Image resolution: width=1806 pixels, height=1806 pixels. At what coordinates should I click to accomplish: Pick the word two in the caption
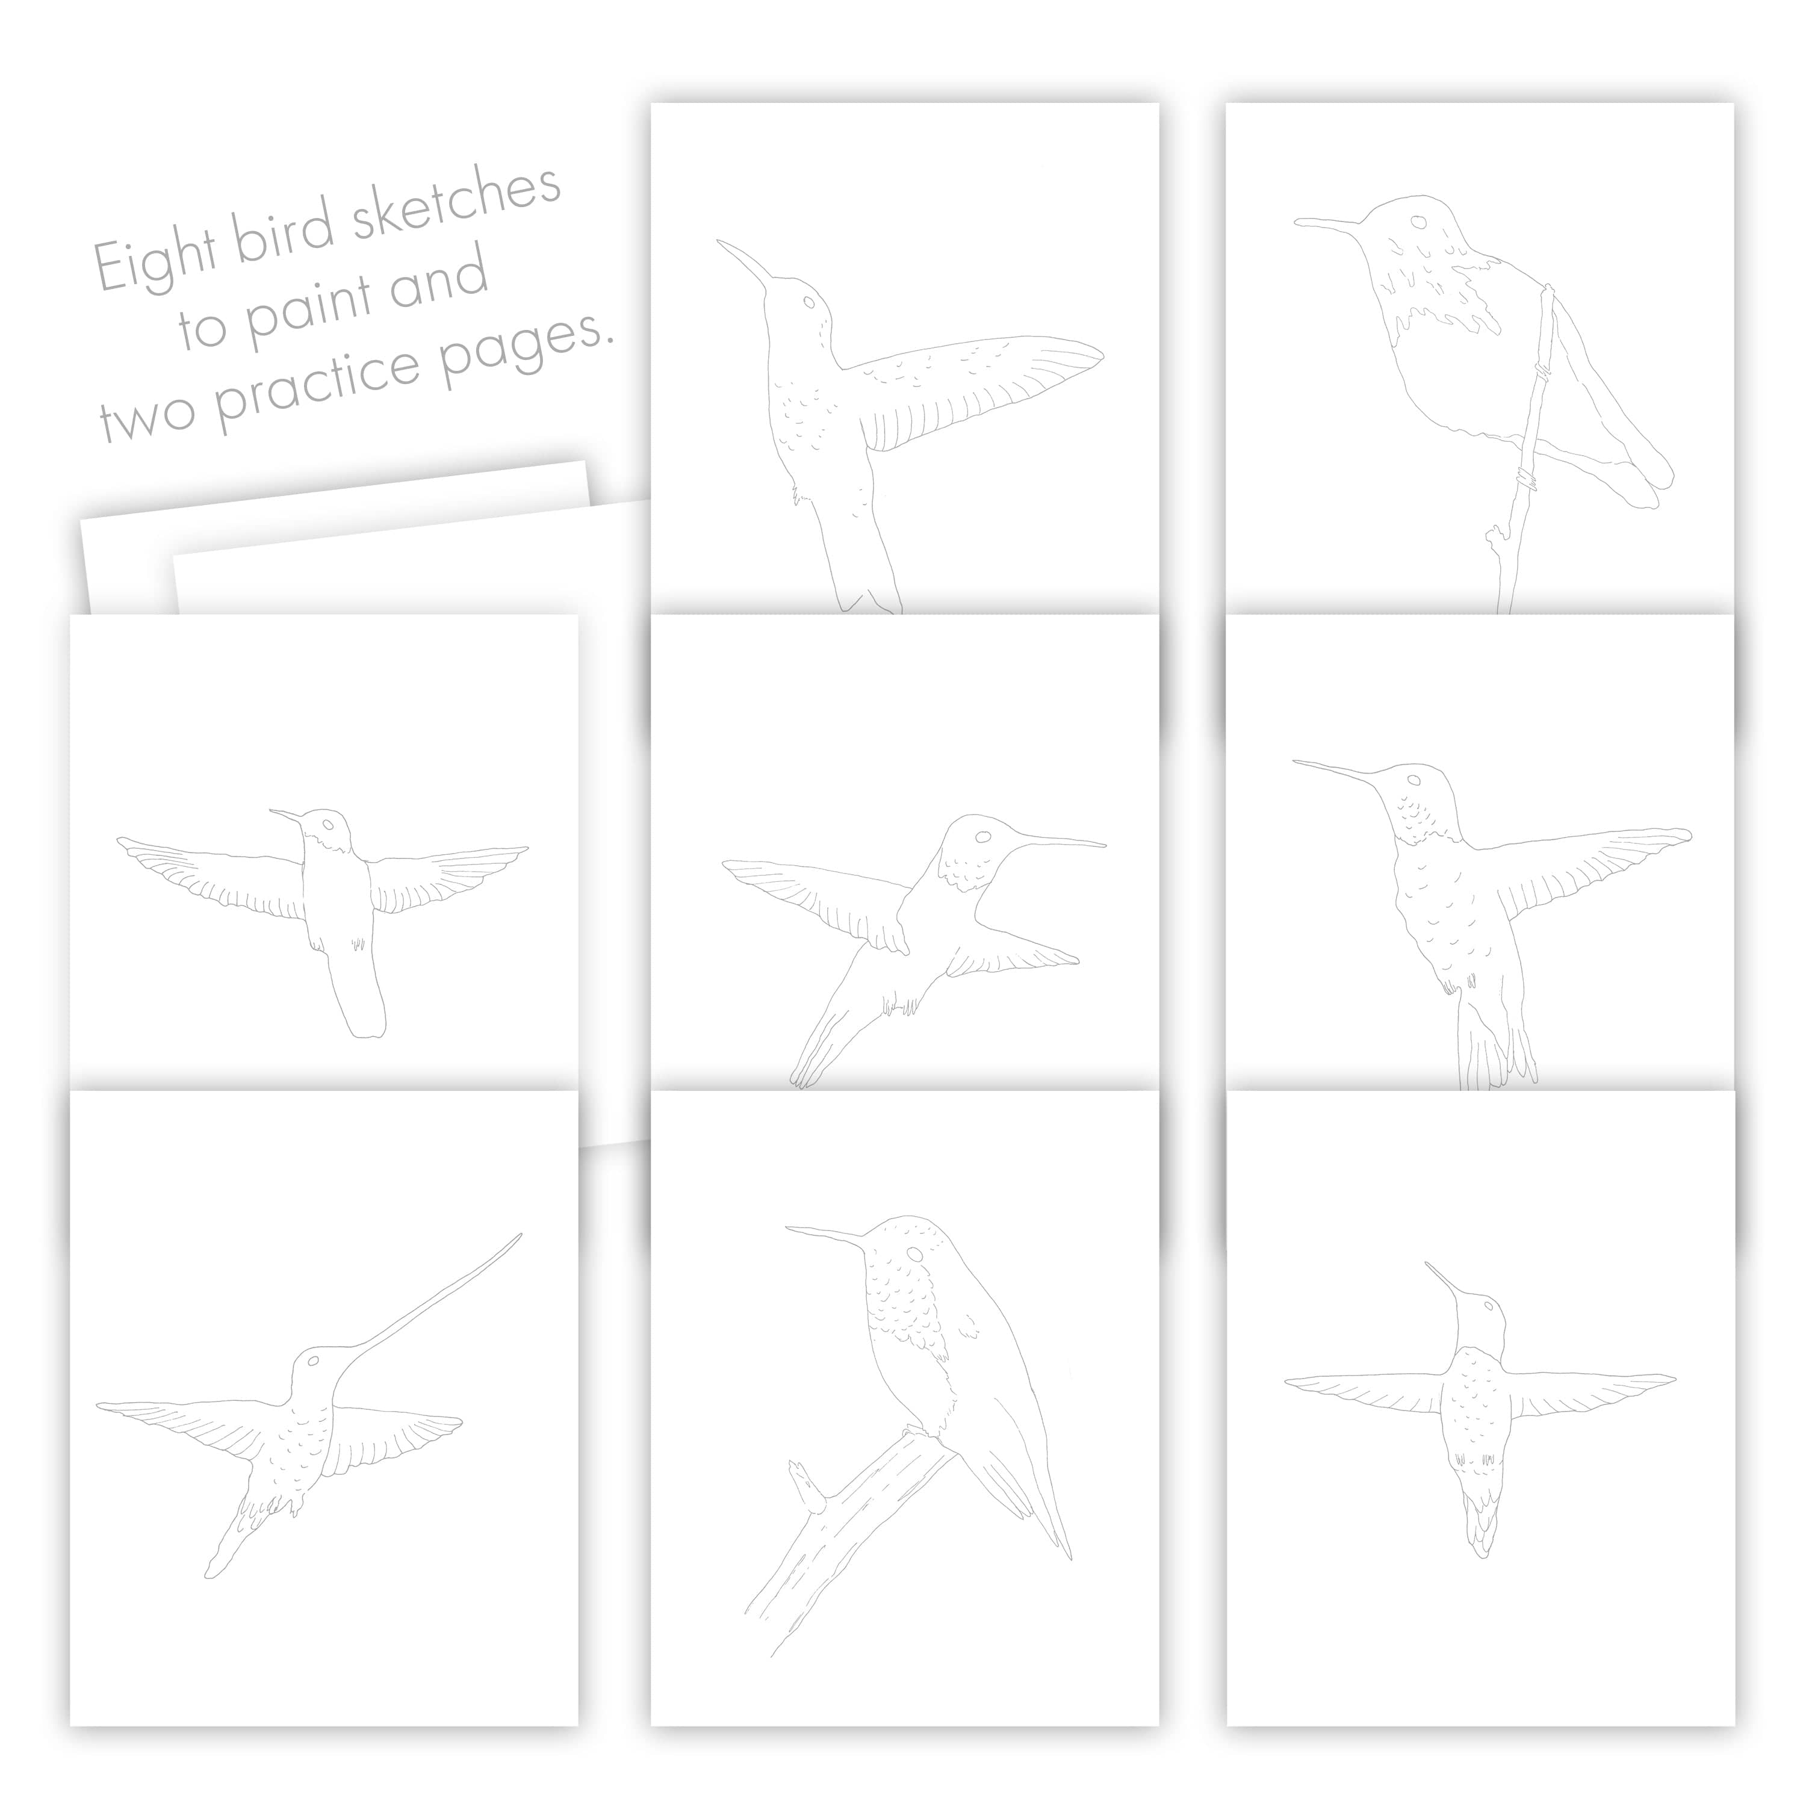pyautogui.click(x=147, y=420)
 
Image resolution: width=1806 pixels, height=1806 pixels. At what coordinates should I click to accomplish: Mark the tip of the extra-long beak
pyautogui.click(x=521, y=1235)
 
